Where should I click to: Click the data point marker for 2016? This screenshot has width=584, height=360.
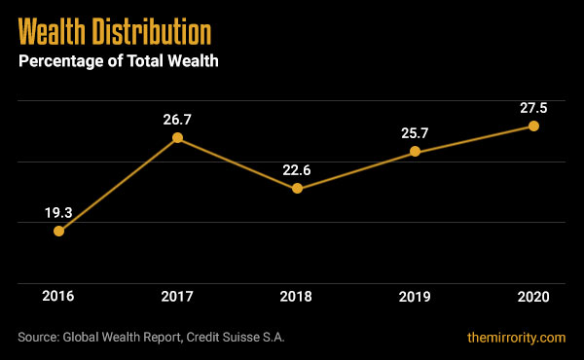(x=58, y=232)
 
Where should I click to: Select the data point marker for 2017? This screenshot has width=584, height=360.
(x=177, y=138)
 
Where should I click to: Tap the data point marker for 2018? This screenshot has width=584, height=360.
(x=297, y=189)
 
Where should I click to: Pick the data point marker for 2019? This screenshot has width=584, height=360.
(x=416, y=151)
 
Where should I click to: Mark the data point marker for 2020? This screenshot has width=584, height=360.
(x=534, y=126)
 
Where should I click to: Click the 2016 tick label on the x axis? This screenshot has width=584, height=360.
(x=58, y=296)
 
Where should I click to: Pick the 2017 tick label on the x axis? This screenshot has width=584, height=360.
(x=177, y=296)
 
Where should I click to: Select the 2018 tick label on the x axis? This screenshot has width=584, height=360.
(x=297, y=296)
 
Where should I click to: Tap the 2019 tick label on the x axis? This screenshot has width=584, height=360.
(x=416, y=296)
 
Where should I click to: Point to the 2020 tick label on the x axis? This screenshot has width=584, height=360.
(x=534, y=296)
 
